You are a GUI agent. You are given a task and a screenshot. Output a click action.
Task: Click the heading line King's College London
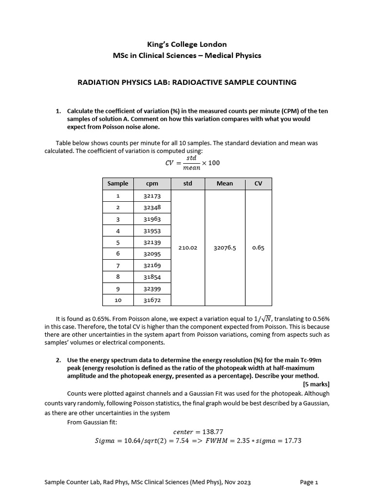[x=187, y=44]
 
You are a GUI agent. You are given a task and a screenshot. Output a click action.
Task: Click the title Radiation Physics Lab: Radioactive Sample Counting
[x=187, y=82]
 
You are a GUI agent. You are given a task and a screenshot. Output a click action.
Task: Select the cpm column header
[x=152, y=184]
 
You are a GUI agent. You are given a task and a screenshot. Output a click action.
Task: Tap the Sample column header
[x=118, y=184]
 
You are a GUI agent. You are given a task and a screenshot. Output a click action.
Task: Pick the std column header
[x=187, y=184]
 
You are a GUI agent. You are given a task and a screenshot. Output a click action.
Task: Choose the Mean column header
[x=224, y=184]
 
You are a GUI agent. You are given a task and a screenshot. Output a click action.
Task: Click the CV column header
[x=258, y=184]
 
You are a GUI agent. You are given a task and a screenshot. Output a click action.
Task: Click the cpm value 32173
[x=152, y=196]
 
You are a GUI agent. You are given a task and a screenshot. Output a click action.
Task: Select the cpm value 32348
[x=152, y=207]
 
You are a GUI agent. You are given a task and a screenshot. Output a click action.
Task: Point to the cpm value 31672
[x=152, y=300]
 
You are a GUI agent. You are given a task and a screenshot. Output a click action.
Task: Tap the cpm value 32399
[x=152, y=288]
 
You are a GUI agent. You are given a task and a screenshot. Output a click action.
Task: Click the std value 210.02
[x=187, y=248]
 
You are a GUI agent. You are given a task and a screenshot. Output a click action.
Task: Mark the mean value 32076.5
[x=224, y=248]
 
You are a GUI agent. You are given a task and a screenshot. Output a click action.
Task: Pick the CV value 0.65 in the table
[x=258, y=248]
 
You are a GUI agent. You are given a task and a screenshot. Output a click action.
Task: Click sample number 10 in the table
[x=118, y=300]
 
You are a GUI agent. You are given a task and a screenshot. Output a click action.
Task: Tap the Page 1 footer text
[x=309, y=482]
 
